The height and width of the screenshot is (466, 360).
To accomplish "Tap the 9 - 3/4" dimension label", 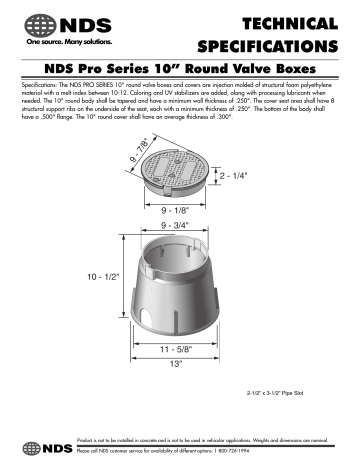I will click(x=178, y=226).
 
